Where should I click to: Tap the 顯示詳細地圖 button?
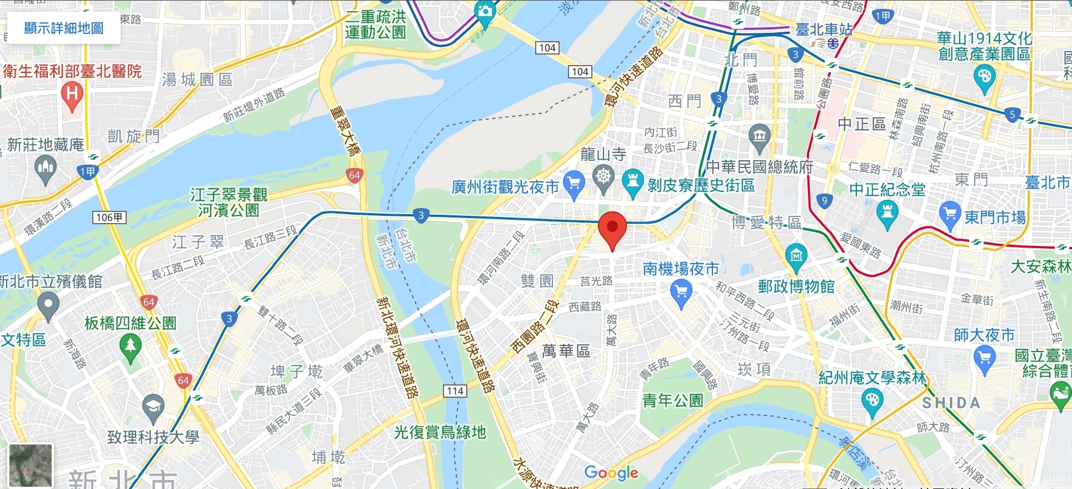63,28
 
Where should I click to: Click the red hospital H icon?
72,94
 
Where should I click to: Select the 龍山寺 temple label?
603,154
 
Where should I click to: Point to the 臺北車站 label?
824,29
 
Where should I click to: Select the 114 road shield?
455,391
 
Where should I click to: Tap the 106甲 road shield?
109,218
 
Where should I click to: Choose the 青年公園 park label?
672,401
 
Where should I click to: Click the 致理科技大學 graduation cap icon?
153,407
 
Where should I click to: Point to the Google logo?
611,473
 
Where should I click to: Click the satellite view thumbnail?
31,466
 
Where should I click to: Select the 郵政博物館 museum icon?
796,256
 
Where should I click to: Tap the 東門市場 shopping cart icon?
950,215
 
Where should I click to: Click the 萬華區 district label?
566,351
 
